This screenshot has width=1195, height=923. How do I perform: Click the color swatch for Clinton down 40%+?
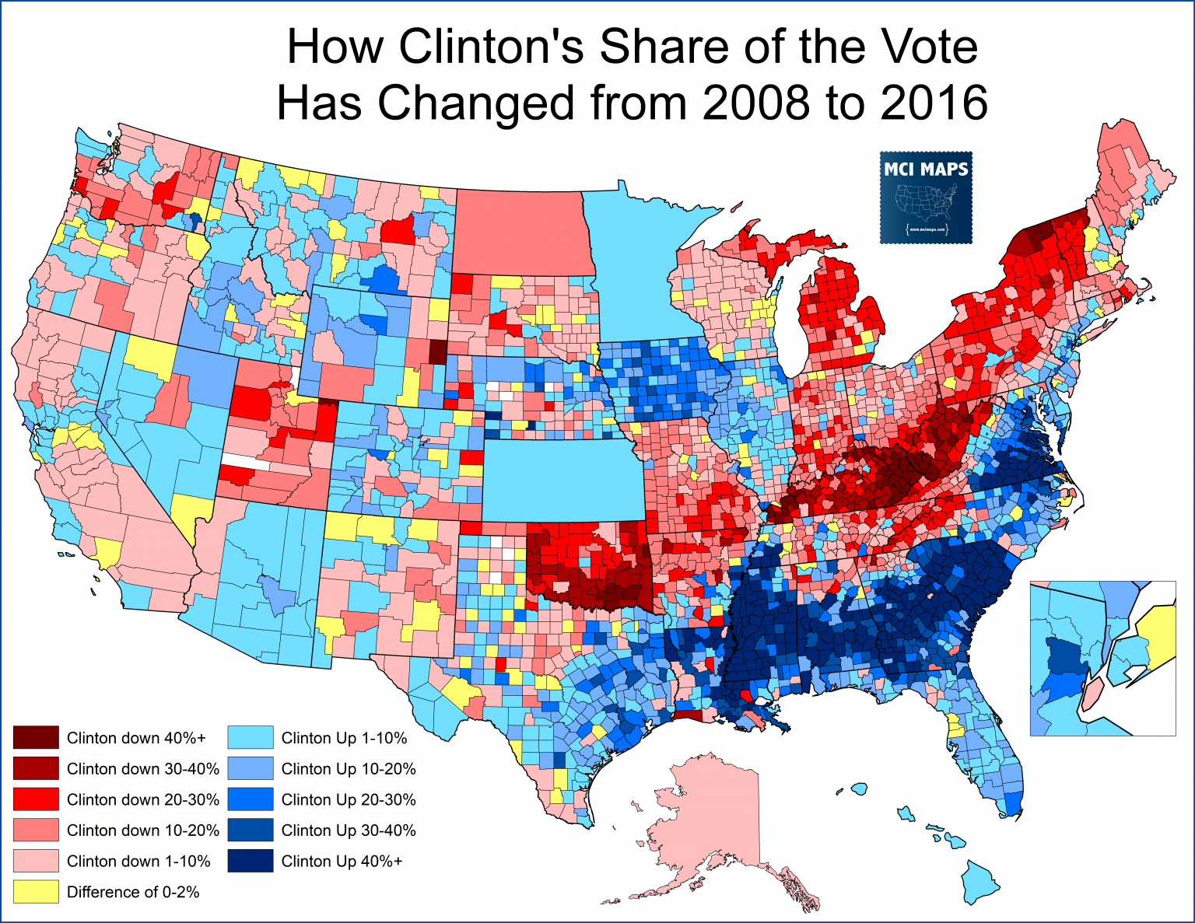pos(36,737)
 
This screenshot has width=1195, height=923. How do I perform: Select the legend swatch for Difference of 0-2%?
pos(36,891)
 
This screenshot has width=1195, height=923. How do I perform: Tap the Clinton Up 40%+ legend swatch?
pos(251,861)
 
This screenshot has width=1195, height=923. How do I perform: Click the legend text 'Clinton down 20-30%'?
pos(143,799)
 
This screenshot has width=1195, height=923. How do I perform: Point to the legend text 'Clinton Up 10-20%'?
pos(348,768)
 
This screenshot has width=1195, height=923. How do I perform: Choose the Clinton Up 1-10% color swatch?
pos(251,737)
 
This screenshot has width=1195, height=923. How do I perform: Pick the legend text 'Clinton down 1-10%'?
pos(138,861)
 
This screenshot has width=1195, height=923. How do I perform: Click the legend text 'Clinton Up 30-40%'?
pos(348,830)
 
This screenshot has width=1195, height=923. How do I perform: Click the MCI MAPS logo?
pos(926,197)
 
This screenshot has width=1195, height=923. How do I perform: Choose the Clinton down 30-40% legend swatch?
pos(36,768)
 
